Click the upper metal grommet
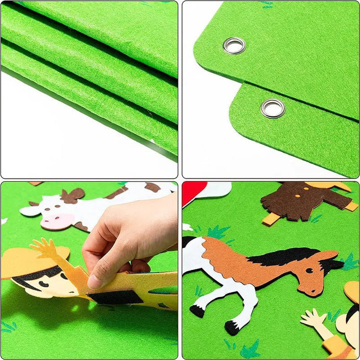tap(234, 45)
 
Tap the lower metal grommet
tap(273, 108)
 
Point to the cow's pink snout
tap(56, 221)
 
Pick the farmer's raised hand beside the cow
tap(44, 248)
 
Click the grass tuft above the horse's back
tap(217, 232)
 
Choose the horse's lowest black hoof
tap(231, 327)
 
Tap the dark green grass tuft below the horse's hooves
tap(250, 348)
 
